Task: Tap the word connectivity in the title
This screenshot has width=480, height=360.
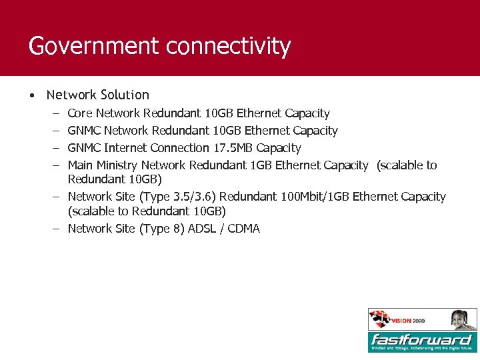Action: pyautogui.click(x=229, y=46)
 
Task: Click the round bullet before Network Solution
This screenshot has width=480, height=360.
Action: pyautogui.click(x=32, y=95)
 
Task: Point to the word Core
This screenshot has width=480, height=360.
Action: pyautogui.click(x=80, y=113)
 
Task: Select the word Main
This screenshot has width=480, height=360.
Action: pyautogui.click(x=80, y=165)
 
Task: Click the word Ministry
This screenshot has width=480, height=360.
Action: pyautogui.click(x=117, y=165)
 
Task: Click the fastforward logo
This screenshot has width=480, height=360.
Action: pyautogui.click(x=422, y=341)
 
